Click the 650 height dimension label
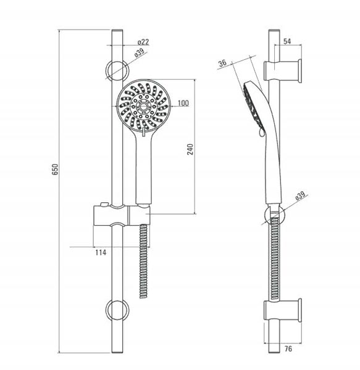55,169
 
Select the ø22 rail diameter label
143,42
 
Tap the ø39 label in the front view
140,54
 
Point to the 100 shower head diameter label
183,103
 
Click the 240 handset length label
190,149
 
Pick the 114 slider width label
101,252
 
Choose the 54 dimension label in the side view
287,41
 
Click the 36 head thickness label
222,64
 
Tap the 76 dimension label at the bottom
288,348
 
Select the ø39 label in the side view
300,196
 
